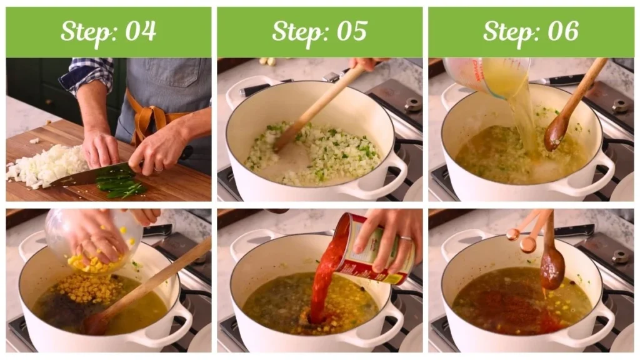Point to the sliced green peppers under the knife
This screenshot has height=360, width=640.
coord(122,187)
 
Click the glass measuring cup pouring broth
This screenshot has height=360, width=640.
coord(484,75)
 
